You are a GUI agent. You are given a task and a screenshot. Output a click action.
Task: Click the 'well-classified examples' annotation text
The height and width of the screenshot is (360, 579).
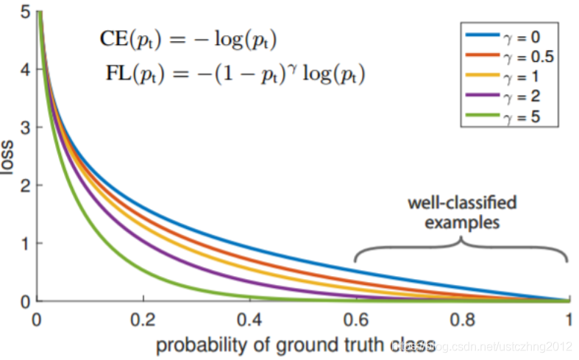463,211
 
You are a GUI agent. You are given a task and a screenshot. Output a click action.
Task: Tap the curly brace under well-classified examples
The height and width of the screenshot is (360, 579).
461,248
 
